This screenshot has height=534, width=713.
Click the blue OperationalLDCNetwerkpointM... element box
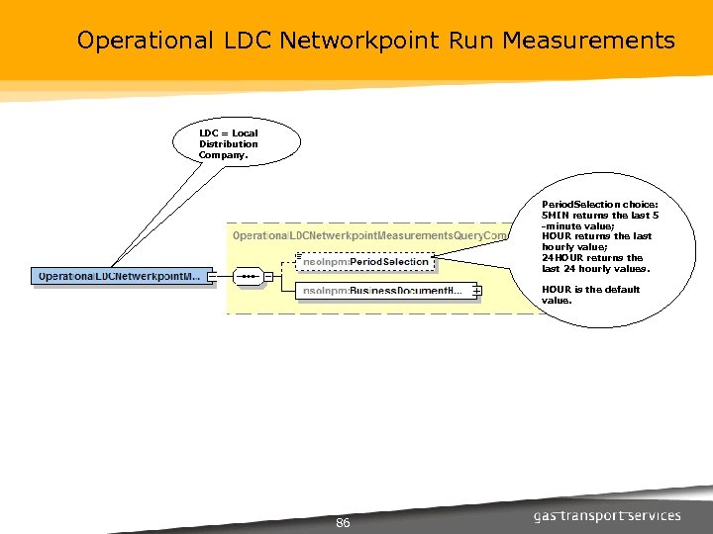click(x=120, y=276)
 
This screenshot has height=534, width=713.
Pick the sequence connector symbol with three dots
click(x=249, y=276)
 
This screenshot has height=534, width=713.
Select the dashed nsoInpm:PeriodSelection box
click(x=365, y=261)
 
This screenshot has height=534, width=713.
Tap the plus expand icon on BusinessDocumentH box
click(x=476, y=291)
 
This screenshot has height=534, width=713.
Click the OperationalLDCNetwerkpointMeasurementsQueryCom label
click(x=369, y=235)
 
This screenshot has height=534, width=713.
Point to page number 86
click(x=344, y=522)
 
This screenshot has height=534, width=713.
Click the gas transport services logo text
click(x=607, y=515)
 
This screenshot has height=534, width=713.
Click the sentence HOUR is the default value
click(x=590, y=294)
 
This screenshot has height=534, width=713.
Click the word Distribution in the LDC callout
click(x=228, y=143)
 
